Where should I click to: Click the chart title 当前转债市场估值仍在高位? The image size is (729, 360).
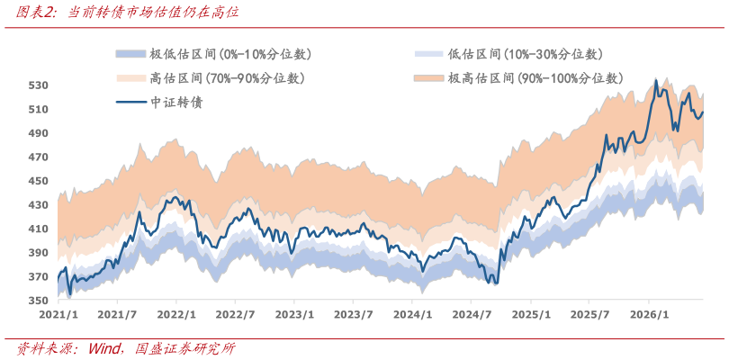(x=153, y=13)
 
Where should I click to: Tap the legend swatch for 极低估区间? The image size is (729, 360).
(x=131, y=54)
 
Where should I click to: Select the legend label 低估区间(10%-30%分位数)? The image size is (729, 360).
(x=525, y=54)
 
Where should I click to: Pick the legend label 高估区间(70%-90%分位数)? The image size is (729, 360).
(x=227, y=78)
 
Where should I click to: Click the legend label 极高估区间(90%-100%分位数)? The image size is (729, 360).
(x=535, y=78)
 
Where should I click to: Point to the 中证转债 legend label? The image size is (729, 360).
(x=175, y=103)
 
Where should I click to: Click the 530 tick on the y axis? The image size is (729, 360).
(x=36, y=85)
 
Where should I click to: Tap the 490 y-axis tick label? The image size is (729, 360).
(x=36, y=133)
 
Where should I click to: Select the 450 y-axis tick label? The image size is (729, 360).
(x=36, y=182)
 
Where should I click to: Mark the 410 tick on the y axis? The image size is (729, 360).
(x=36, y=229)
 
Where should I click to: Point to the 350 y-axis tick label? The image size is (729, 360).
(x=36, y=301)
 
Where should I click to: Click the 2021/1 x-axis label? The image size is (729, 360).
(x=58, y=314)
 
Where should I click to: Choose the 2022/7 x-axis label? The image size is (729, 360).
(x=235, y=314)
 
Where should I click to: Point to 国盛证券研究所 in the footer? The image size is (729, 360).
(x=185, y=348)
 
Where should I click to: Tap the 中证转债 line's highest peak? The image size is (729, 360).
(x=656, y=80)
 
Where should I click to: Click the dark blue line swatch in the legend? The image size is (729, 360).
(x=131, y=103)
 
